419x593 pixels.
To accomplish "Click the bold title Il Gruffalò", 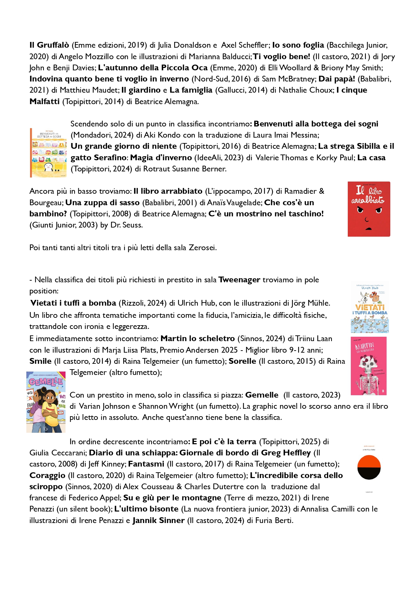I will pyautogui.click(x=49, y=45).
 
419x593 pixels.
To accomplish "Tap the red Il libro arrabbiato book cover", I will pyautogui.click(x=369, y=209).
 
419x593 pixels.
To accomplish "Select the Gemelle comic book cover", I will pyautogui.click(x=46, y=402).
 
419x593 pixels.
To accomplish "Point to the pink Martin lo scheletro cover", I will pyautogui.click(x=368, y=366).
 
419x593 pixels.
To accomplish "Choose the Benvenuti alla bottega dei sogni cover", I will pyautogui.click(x=48, y=153).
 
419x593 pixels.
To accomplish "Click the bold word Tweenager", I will pyautogui.click(x=239, y=280).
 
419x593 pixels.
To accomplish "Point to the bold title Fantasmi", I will pyautogui.click(x=146, y=464).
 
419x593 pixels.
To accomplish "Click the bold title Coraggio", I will pyautogui.click(x=47, y=475).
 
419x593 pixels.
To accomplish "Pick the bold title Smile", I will pyautogui.click(x=41, y=361).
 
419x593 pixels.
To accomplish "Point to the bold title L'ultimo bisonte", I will pyautogui.click(x=146, y=509).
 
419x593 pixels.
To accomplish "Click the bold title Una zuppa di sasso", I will pyautogui.click(x=102, y=203).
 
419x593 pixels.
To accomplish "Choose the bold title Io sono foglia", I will pyautogui.click(x=298, y=45).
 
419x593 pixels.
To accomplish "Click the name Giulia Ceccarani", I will pyautogui.click(x=58, y=453).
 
